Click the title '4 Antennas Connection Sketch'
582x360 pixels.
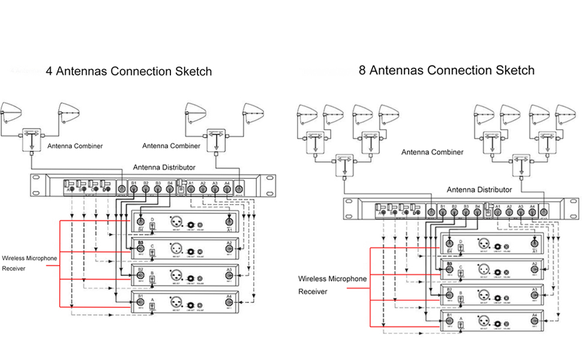point(129,71)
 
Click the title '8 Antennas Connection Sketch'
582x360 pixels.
point(446,70)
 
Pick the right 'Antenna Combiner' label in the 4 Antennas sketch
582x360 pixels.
point(171,146)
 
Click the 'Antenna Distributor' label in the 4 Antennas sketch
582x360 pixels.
point(163,167)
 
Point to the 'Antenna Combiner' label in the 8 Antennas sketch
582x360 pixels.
point(432,152)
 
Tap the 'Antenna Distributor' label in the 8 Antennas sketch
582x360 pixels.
point(479,190)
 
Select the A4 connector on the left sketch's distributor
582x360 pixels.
point(227,189)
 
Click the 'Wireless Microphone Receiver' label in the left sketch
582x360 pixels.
point(29,263)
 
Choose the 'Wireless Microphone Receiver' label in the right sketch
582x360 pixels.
point(332,285)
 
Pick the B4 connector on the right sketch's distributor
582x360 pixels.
point(478,211)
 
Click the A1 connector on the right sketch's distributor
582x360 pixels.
point(497,211)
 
